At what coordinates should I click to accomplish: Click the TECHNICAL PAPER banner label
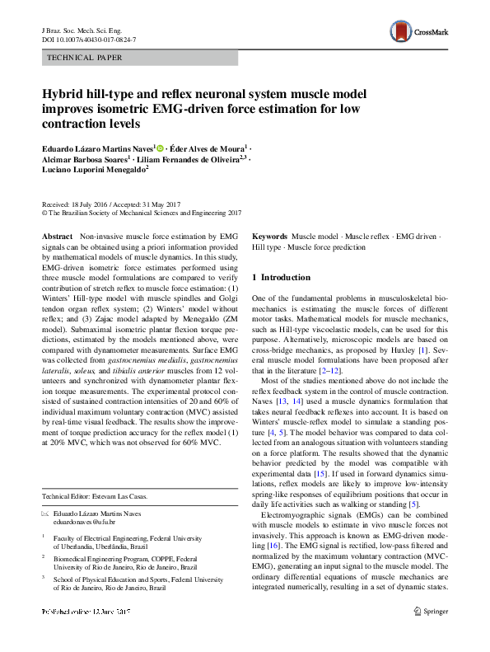pos(86,58)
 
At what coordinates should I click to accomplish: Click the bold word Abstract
pos(58,236)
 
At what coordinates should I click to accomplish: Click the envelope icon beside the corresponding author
pos(45,514)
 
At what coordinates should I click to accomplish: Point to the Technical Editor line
pos(98,496)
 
